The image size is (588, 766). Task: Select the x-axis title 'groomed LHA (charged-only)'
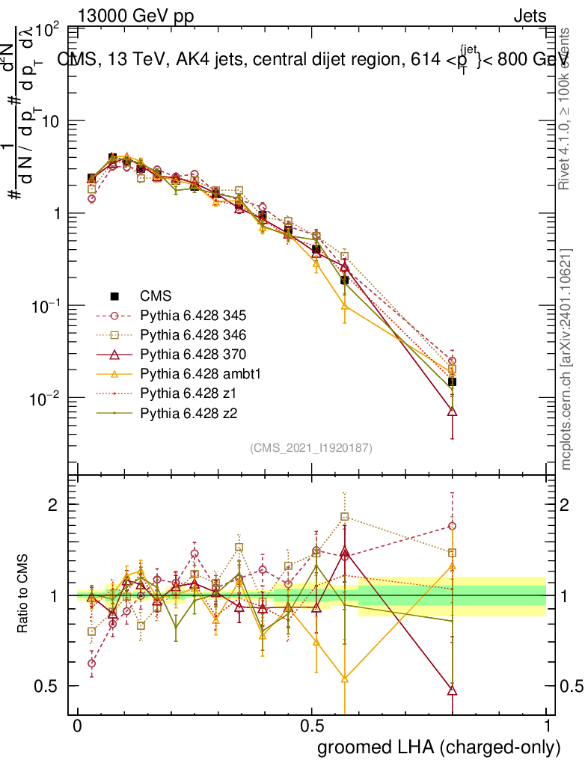(x=440, y=747)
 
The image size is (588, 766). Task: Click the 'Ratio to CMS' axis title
(x=24, y=595)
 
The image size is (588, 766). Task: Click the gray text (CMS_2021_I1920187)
(x=311, y=448)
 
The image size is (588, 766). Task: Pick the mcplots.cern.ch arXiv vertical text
(x=566, y=359)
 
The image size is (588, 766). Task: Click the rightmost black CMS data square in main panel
(x=452, y=382)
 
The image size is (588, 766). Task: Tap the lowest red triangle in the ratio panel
(x=452, y=690)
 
